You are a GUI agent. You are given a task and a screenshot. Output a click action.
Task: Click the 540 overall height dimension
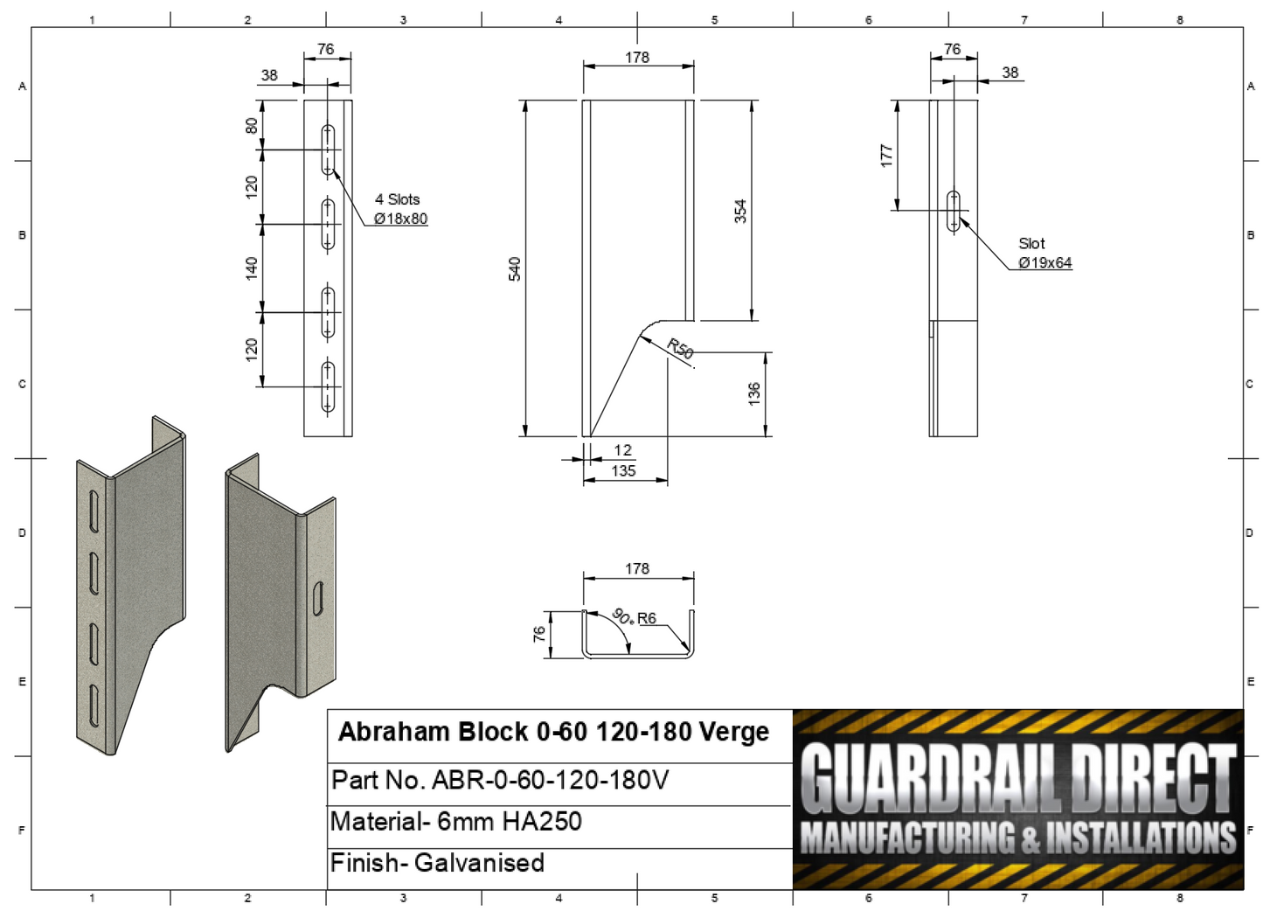click(515, 268)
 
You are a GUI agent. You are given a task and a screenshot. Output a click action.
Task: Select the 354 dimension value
click(740, 211)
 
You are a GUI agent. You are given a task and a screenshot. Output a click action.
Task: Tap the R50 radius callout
click(680, 349)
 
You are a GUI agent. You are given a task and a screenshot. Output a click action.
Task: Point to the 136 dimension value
click(754, 393)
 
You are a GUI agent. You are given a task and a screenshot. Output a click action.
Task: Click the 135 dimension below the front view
click(623, 471)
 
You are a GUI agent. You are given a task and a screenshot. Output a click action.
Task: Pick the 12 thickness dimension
click(622, 450)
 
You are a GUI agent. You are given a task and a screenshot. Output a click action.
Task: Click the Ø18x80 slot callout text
click(400, 219)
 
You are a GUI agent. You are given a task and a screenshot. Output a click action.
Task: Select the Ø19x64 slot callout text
click(1044, 263)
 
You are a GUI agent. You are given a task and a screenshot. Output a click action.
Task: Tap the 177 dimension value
click(887, 156)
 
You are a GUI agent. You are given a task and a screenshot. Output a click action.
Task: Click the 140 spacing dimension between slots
click(252, 268)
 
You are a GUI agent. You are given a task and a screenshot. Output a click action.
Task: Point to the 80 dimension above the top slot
click(252, 126)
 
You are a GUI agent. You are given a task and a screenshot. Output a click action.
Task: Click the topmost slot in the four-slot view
click(329, 150)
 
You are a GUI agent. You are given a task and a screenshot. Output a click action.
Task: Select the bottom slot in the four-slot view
click(329, 386)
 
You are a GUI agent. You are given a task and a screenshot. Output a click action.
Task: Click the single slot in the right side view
click(954, 211)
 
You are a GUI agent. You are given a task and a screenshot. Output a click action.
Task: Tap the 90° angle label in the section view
click(622, 616)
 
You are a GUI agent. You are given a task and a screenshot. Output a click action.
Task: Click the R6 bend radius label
click(647, 618)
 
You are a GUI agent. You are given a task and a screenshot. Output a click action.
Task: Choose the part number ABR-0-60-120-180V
click(551, 780)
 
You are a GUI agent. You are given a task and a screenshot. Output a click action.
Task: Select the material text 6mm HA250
click(510, 822)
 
